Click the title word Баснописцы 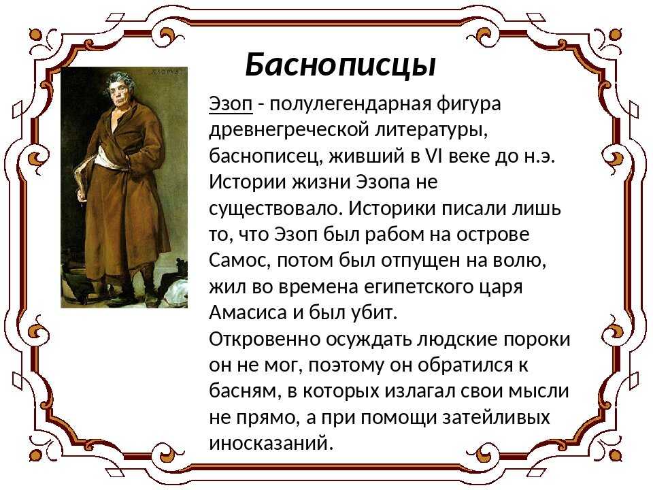click(x=341, y=66)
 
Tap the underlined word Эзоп click(x=231, y=103)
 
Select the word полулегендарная click(x=351, y=105)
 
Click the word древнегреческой click(x=289, y=131)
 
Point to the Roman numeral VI click(x=435, y=156)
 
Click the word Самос click(x=240, y=261)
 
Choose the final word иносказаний click(x=271, y=443)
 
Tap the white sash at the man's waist click(x=108, y=160)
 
